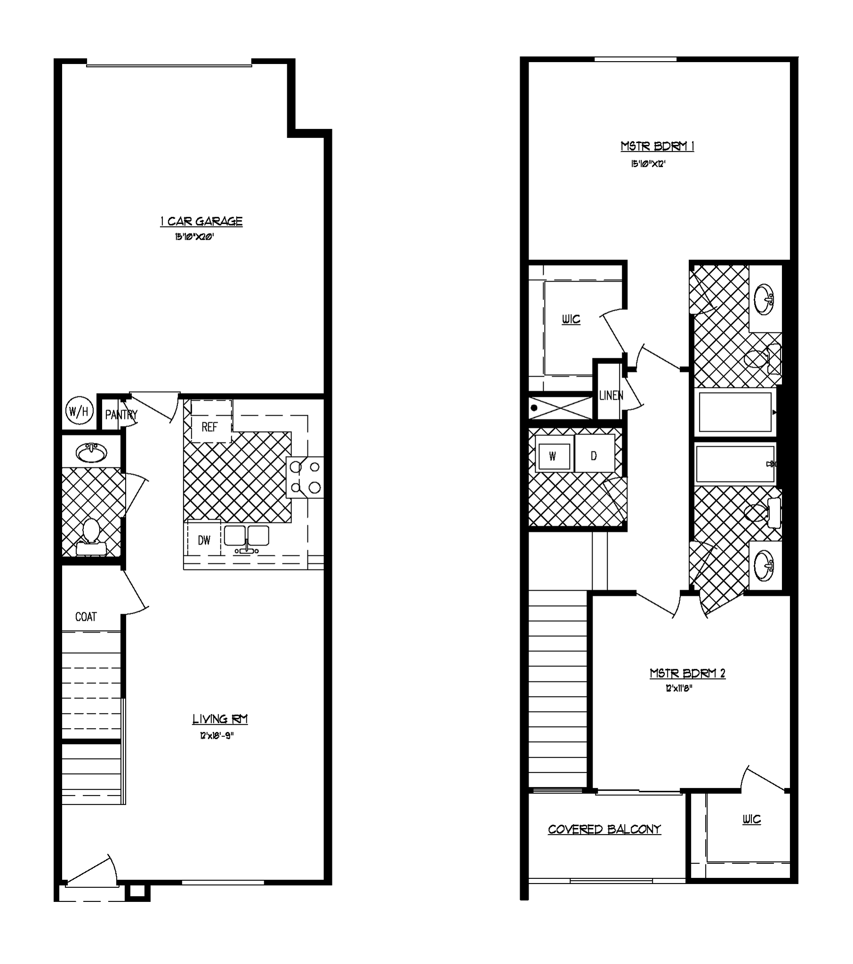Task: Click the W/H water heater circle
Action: [x=79, y=411]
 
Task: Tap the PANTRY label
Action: [x=121, y=415]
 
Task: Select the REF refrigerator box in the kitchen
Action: [x=210, y=427]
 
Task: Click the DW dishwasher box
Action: [x=204, y=540]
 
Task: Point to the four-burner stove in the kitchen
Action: [x=305, y=477]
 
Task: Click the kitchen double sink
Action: [x=246, y=537]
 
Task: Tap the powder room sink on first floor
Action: [x=91, y=453]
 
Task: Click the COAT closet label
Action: [x=86, y=617]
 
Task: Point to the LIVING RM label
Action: [x=220, y=719]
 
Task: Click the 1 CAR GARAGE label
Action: [x=201, y=221]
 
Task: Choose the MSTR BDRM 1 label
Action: [x=657, y=146]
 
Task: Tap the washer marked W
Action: [x=553, y=456]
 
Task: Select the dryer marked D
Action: [x=594, y=455]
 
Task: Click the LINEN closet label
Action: [x=611, y=395]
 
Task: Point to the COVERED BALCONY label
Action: [x=604, y=829]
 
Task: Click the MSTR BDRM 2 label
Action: [x=687, y=673]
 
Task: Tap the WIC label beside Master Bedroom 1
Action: [x=571, y=319]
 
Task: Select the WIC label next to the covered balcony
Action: [x=752, y=819]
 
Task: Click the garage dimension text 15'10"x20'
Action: [x=194, y=237]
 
